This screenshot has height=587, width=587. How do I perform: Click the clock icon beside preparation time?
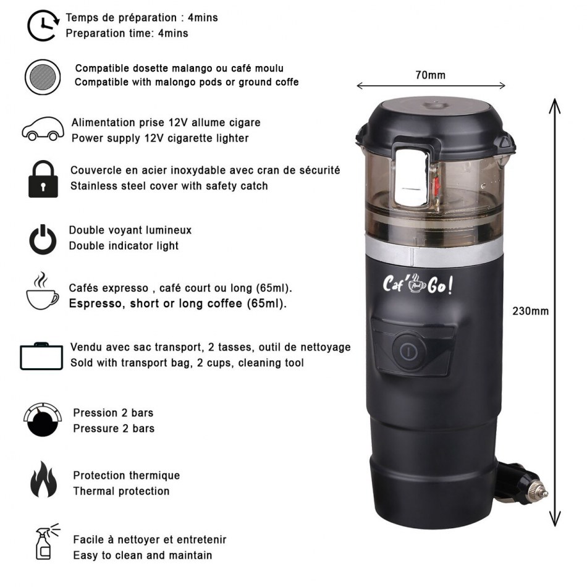tap(43, 25)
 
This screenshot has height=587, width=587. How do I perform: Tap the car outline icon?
tap(43, 129)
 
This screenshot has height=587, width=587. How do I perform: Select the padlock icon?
tap(43, 179)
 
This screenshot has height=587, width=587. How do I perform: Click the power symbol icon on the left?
tap(43, 240)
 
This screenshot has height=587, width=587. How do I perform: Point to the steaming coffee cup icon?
tap(42, 291)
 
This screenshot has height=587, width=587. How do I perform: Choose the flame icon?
tap(44, 479)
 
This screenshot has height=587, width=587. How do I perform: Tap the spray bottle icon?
tap(46, 542)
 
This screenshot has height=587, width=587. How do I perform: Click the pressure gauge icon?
tap(43, 420)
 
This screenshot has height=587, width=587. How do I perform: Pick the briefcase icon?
tap(41, 356)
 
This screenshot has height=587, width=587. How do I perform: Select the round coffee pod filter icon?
tap(43, 77)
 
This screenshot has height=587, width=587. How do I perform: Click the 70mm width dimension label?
tap(431, 75)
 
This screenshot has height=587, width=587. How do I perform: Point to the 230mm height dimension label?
tap(531, 311)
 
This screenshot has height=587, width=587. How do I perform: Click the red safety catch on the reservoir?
tap(436, 186)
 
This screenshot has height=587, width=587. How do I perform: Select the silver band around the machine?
tap(434, 252)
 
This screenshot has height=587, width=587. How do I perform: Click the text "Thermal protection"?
tap(121, 491)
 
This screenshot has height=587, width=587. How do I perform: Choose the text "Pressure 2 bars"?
tap(114, 428)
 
